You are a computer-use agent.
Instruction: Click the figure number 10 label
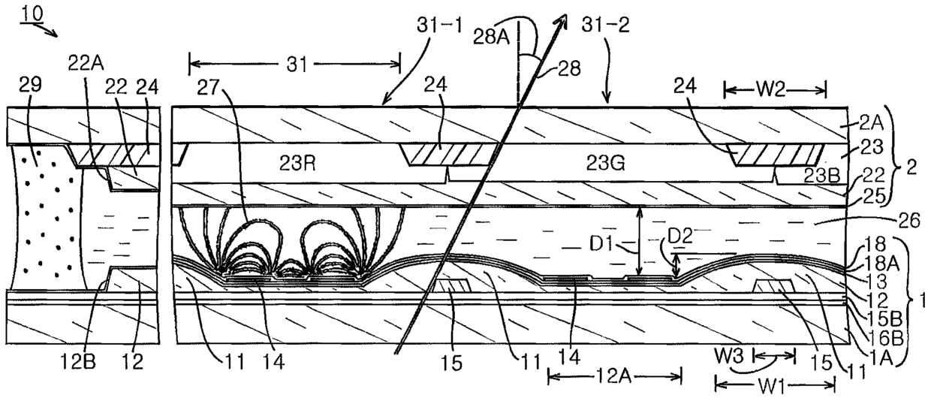coord(32,14)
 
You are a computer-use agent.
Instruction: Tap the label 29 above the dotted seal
coord(31,84)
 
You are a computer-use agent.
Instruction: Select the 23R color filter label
coord(297,164)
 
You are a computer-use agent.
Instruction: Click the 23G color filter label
coord(604,164)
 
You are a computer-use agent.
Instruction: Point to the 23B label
coord(821,176)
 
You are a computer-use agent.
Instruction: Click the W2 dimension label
coord(775,89)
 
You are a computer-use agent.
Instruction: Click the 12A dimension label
coord(614,376)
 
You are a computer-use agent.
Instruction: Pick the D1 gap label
coord(601,243)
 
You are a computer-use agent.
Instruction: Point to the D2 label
coord(680,236)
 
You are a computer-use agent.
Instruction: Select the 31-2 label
coord(605,25)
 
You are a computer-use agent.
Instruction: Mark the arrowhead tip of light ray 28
coord(566,14)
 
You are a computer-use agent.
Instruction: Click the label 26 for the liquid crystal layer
coord(909,221)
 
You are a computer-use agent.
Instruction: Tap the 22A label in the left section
coord(86,64)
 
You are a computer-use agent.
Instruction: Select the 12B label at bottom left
coord(79,362)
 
